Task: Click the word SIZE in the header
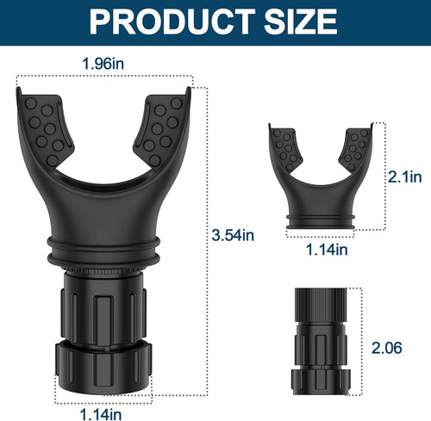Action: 300,22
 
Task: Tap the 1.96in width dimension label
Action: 103,64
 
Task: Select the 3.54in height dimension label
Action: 233,235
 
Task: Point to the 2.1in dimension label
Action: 405,176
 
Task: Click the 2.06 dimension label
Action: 386,348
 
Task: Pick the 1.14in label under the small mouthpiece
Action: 327,250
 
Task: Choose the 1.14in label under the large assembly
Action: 101,414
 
